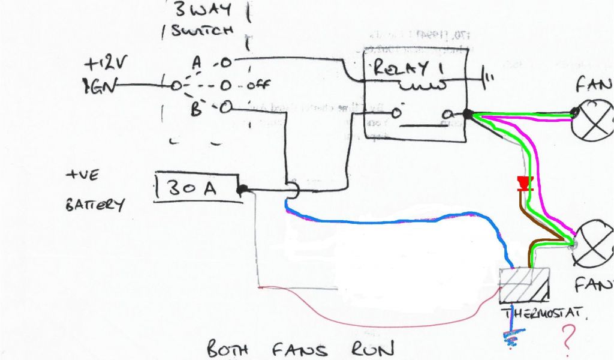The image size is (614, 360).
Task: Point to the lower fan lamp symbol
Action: coord(592,247)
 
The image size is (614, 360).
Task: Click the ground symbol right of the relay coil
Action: coord(489,77)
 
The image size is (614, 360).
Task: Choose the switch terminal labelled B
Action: coord(224,109)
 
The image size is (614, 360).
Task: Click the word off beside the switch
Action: coord(259,85)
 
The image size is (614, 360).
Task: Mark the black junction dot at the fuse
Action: coord(241,190)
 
